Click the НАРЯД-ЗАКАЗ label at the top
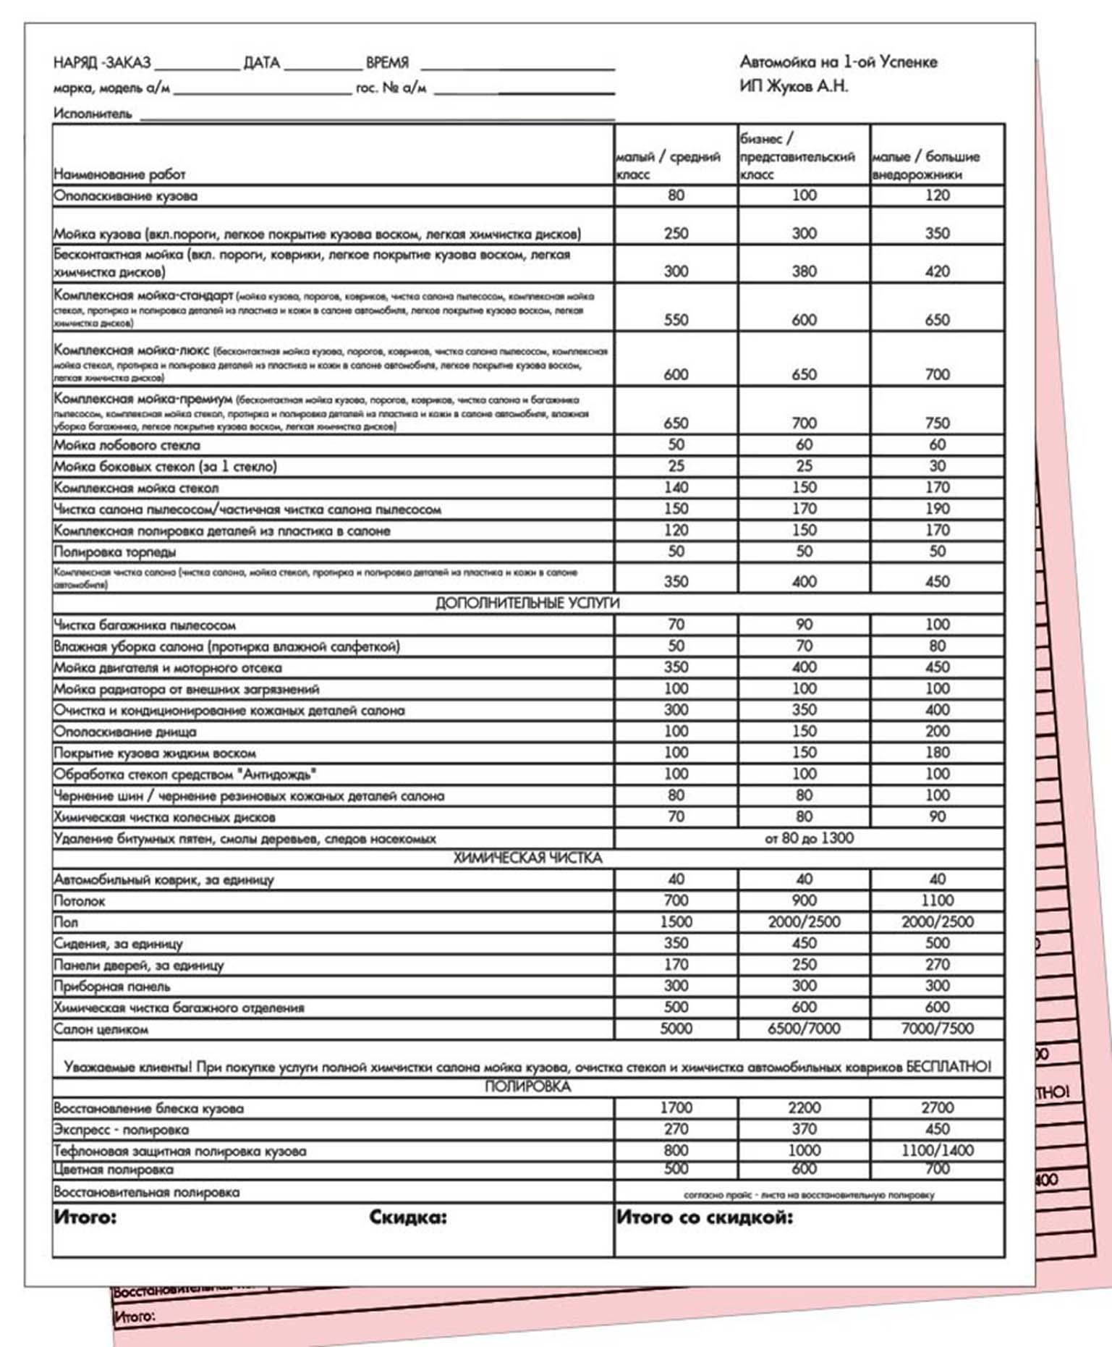pyautogui.click(x=102, y=63)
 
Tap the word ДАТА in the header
pyautogui.click(x=261, y=63)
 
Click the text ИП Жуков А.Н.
pyautogui.click(x=793, y=86)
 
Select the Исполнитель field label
pyautogui.click(x=93, y=114)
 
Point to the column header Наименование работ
pyautogui.click(x=119, y=174)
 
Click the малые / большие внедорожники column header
pyautogui.click(x=926, y=165)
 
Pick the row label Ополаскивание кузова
pyautogui.click(x=125, y=196)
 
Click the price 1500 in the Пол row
pyautogui.click(x=676, y=921)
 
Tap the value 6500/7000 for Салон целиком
pyautogui.click(x=804, y=1029)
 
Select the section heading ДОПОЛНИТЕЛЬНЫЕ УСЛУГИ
pyautogui.click(x=527, y=603)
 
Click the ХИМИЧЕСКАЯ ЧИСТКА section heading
pyautogui.click(x=527, y=858)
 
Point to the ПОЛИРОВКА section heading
pyautogui.click(x=527, y=1086)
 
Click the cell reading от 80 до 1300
pyautogui.click(x=809, y=838)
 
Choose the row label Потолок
pyautogui.click(x=80, y=901)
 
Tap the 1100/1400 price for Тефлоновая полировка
pyautogui.click(x=937, y=1150)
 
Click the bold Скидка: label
pyautogui.click(x=408, y=1217)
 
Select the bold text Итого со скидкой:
pyautogui.click(x=704, y=1217)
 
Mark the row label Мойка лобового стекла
pyautogui.click(x=127, y=445)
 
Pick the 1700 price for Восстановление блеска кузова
pyautogui.click(x=676, y=1107)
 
